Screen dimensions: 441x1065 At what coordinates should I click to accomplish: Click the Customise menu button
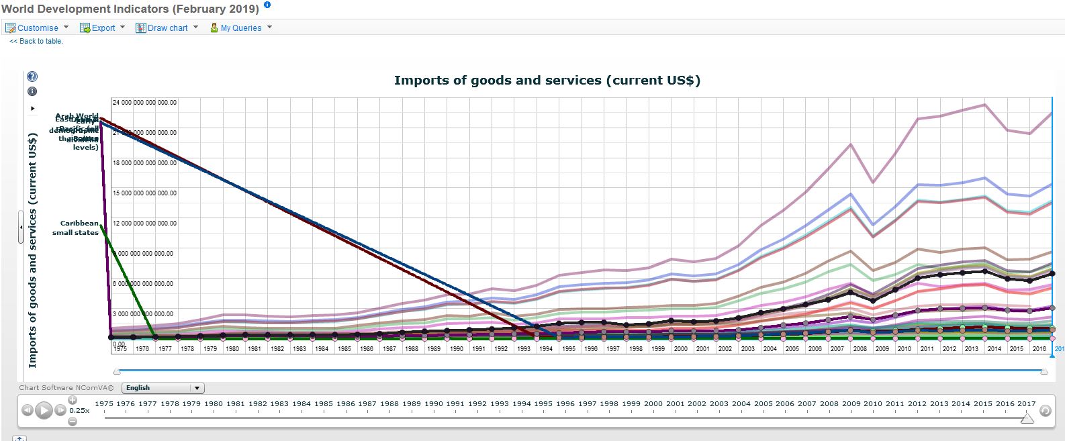(37, 28)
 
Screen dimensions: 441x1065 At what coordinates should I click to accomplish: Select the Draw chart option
(167, 28)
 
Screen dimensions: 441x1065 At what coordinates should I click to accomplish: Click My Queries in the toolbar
(240, 28)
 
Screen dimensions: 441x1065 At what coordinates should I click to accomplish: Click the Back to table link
(36, 42)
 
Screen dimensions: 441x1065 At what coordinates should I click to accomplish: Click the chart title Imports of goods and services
(547, 81)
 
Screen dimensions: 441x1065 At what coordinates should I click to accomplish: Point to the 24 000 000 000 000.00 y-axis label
(144, 103)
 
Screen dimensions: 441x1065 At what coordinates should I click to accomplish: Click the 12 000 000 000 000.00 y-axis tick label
(144, 224)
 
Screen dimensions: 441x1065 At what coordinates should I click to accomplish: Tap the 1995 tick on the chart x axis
(568, 349)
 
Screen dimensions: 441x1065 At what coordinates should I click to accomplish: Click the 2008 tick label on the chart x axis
(860, 349)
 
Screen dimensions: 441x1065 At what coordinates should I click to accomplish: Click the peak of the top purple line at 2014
(984, 105)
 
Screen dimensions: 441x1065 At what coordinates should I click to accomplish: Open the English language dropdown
(163, 388)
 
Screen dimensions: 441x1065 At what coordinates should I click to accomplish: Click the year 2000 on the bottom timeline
(653, 404)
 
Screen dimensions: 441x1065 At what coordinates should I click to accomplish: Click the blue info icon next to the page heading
(267, 5)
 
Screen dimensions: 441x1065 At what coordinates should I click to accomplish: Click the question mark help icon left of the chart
(32, 77)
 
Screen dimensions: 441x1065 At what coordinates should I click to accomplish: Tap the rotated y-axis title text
(32, 250)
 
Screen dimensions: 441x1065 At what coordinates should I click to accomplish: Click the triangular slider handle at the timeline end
(1027, 418)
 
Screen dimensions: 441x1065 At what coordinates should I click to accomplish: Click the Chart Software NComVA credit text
(66, 388)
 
